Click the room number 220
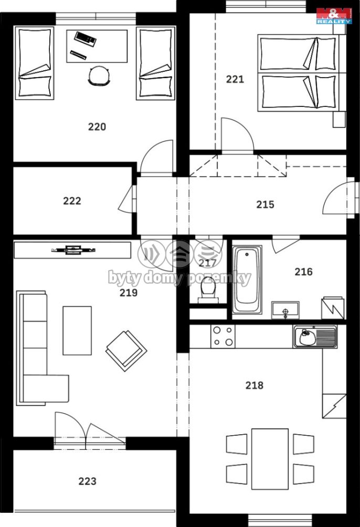pyautogui.click(x=97, y=127)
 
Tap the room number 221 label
pyautogui.click(x=235, y=79)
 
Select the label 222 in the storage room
pyautogui.click(x=72, y=201)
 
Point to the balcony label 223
pyautogui.click(x=87, y=481)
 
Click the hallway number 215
pyautogui.click(x=265, y=205)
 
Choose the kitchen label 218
pyautogui.click(x=255, y=385)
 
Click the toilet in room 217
pyautogui.click(x=208, y=291)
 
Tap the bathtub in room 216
pyautogui.click(x=247, y=279)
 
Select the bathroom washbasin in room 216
pyautogui.click(x=285, y=310)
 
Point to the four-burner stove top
pyautogui.click(x=223, y=336)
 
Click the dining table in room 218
pyautogui.click(x=270, y=459)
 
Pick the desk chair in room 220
pyautogui.click(x=99, y=76)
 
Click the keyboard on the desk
pyautogui.click(x=86, y=38)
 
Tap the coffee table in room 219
pyautogui.click(x=77, y=330)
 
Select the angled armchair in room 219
pyautogui.click(x=126, y=351)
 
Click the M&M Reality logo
pyautogui.click(x=334, y=15)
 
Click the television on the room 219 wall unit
pyautogui.click(x=73, y=250)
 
